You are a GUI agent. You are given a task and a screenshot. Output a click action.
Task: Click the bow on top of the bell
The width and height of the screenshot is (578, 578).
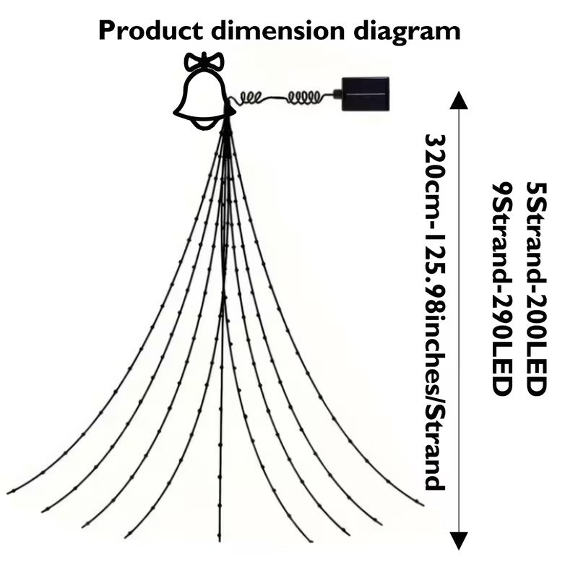coord(204,61)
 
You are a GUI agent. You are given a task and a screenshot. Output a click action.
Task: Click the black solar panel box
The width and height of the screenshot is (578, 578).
coord(366,93)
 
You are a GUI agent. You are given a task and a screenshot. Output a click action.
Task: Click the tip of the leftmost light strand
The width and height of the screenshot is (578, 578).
coord(9,493)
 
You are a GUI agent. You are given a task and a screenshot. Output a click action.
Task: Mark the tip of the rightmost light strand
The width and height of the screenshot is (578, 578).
coord(422,503)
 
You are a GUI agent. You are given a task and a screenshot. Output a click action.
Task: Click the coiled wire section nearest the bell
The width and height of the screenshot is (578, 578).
coord(253,98)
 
